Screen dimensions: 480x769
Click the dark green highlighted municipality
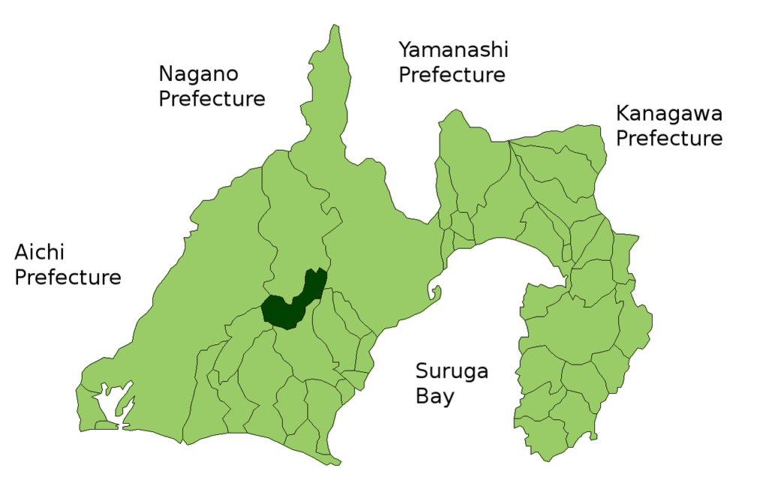(289, 304)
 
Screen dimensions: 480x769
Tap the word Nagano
(198, 74)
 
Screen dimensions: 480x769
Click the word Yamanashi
(453, 50)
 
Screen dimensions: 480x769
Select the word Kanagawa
(669, 114)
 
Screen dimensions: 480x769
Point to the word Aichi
(38, 252)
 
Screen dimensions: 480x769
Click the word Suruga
(452, 371)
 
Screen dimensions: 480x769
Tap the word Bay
(435, 396)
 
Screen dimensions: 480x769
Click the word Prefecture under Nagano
(212, 99)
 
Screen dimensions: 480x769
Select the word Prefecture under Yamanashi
(451, 75)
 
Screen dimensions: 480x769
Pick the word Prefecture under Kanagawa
(669, 139)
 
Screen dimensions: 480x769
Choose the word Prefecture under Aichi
(68, 277)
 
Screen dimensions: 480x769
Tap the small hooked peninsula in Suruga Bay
(433, 289)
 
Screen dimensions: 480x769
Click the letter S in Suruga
(423, 371)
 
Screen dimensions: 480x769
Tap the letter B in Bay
(423, 396)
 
